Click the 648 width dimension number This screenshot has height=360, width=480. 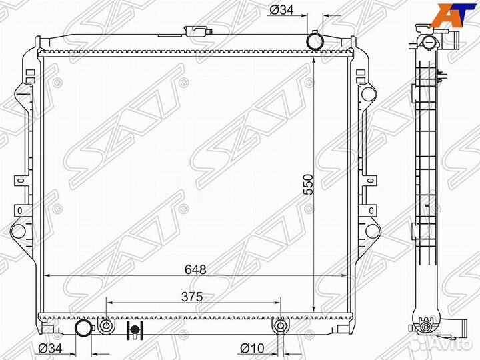pos(195,269)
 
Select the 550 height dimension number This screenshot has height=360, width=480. pos(308,185)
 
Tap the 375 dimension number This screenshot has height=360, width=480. pos(192,297)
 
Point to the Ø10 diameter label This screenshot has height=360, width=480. pos(252,348)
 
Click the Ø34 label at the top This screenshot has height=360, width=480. pos(281,10)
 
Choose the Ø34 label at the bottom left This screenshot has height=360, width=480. pos(50,348)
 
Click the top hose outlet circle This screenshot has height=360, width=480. pos(315,41)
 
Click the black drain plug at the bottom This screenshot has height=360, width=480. pos(135,330)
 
